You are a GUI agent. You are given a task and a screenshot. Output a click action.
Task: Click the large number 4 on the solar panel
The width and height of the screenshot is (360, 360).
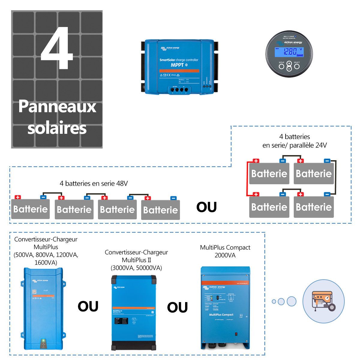pyautogui.click(x=57, y=48)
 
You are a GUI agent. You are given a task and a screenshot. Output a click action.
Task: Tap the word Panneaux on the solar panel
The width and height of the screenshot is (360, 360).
pyautogui.click(x=57, y=106)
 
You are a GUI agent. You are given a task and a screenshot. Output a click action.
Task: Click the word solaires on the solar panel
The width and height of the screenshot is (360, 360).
pyautogui.click(x=57, y=128)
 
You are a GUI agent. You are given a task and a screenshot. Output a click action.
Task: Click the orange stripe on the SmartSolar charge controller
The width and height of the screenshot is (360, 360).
pyautogui.click(x=179, y=70)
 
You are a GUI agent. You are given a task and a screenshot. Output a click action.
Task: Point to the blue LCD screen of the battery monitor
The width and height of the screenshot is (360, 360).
pyautogui.click(x=289, y=52)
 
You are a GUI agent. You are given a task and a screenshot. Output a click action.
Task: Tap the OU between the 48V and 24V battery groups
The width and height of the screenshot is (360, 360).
pyautogui.click(x=206, y=207)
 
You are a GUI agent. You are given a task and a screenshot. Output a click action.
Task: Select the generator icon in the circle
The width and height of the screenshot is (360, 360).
pyautogui.click(x=323, y=301)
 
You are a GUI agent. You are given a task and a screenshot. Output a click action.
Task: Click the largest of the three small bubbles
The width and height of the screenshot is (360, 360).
pyautogui.click(x=291, y=301)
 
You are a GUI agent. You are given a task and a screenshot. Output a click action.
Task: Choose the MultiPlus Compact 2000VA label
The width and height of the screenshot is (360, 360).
pyautogui.click(x=225, y=251)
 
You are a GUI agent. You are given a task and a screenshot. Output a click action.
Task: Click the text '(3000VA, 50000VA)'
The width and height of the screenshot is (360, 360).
pyautogui.click(x=136, y=268)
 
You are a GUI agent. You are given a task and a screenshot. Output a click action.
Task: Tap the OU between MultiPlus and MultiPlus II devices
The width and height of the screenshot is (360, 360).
pyautogui.click(x=88, y=307)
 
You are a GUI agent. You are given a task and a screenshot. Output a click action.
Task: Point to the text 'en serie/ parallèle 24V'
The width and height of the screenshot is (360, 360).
pyautogui.click(x=295, y=145)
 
